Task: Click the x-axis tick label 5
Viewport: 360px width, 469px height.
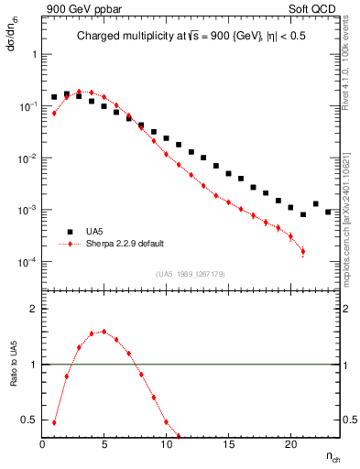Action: [x=104, y=445]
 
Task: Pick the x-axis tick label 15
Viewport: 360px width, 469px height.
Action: [x=228, y=445]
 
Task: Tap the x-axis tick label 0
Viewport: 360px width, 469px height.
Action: [x=42, y=445]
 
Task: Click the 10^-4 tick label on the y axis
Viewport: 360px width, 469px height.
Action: [x=27, y=262]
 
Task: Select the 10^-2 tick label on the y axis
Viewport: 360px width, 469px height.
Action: [x=27, y=158]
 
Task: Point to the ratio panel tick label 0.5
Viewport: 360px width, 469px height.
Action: [x=29, y=420]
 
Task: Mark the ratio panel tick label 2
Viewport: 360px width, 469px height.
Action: [x=34, y=309]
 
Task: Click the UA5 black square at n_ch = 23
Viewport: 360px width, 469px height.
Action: [x=328, y=212]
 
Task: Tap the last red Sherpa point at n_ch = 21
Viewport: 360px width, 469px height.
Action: [x=302, y=251]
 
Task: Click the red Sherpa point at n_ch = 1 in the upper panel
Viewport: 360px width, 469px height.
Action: [x=54, y=113]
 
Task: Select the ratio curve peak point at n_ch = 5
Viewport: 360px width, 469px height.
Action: [x=104, y=332]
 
